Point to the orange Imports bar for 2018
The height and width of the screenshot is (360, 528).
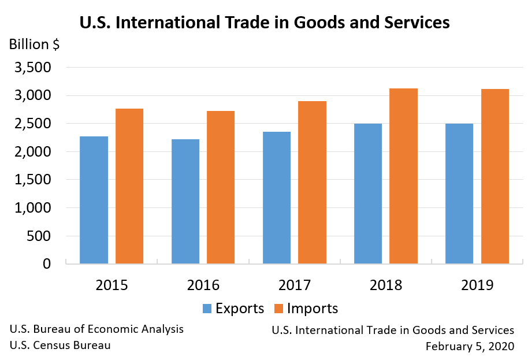(x=403, y=176)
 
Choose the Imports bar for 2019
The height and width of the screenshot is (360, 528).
(x=495, y=176)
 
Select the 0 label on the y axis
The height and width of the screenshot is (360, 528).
(x=47, y=264)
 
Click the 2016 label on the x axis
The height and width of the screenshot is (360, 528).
(x=203, y=285)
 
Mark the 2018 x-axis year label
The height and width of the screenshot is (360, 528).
(x=386, y=285)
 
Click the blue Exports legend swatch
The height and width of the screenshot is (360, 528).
(x=207, y=308)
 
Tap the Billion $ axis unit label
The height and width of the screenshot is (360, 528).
(x=34, y=44)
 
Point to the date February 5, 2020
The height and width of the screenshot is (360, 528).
(x=470, y=347)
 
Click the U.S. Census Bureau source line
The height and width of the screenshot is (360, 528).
(x=61, y=346)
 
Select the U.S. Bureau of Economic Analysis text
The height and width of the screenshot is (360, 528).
(x=97, y=329)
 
